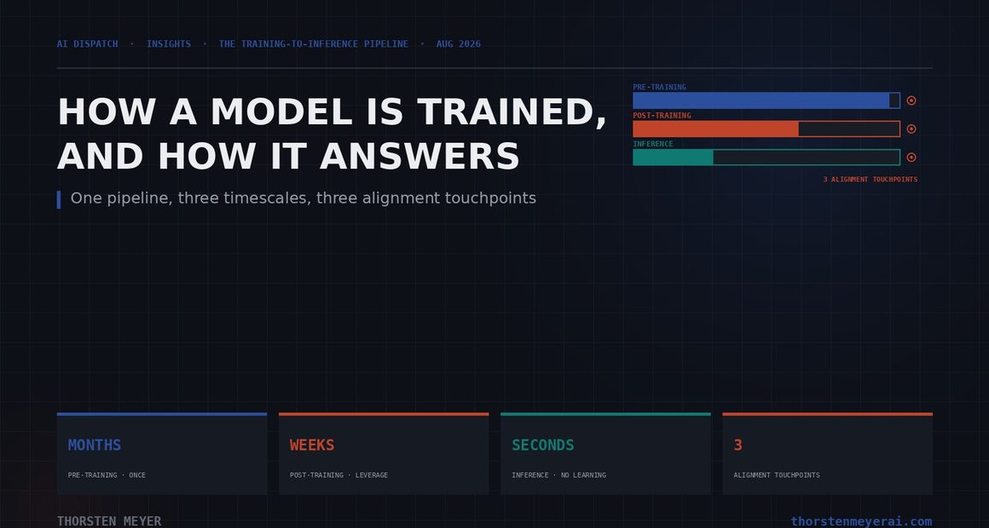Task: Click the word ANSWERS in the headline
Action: (x=419, y=156)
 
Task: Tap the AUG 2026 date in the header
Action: (x=459, y=44)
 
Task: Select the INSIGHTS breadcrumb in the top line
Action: (x=169, y=44)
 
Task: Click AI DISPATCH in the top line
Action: (x=87, y=44)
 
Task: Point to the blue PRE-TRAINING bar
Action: (x=761, y=100)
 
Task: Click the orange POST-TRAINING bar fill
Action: (x=716, y=129)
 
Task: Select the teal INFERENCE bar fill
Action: (x=673, y=158)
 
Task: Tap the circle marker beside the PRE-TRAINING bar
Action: (x=911, y=100)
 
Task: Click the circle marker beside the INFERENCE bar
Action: (x=911, y=158)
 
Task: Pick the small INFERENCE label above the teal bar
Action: (x=653, y=144)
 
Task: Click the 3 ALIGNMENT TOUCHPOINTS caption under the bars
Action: (x=870, y=180)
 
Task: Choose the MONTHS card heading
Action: (x=95, y=445)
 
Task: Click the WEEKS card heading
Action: (x=312, y=445)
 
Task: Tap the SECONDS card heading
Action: (x=543, y=445)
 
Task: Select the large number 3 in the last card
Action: (x=738, y=445)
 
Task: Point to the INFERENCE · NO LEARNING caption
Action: (x=558, y=475)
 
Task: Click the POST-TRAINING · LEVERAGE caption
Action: (x=338, y=475)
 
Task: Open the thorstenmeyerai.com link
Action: (x=862, y=521)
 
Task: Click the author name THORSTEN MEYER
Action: (x=109, y=521)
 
